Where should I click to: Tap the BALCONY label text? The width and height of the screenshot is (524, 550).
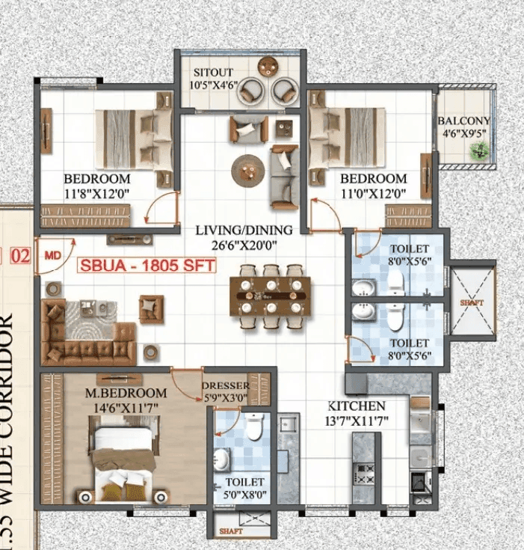[463, 120]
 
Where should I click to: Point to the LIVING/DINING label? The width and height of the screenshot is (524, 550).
[244, 230]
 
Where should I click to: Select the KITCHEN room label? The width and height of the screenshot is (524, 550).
[357, 406]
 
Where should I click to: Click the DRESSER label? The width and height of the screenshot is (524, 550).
[221, 387]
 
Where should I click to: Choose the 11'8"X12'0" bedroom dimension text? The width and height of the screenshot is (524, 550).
[97, 192]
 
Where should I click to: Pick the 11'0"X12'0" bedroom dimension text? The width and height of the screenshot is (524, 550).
[374, 192]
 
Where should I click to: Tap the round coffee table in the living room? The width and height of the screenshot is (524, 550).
[246, 171]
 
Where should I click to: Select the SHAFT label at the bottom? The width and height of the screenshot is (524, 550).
[231, 531]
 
